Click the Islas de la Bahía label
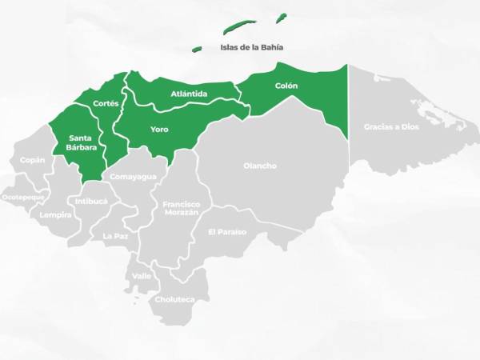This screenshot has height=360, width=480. coord(252,47)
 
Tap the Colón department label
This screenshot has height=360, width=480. coord(286,86)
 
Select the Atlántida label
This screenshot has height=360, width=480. coord(190,94)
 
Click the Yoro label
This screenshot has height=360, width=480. coord(160,129)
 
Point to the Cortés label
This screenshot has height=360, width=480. coord(106,103)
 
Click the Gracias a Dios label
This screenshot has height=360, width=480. coord(391,126)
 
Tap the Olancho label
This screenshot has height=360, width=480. coord(260,166)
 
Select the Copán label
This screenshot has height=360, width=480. coord(33,160)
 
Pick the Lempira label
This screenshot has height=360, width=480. coord(55,214)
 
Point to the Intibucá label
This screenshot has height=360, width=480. coord(91,201)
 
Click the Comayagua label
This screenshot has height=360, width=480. coord(133,176)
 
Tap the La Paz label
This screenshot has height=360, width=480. coord(115,236)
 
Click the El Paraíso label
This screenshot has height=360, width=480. coord(227,232)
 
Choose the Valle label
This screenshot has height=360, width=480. coord(142,276)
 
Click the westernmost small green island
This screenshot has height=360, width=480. coord(197,49)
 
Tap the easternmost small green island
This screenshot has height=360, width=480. coord(281,18)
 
